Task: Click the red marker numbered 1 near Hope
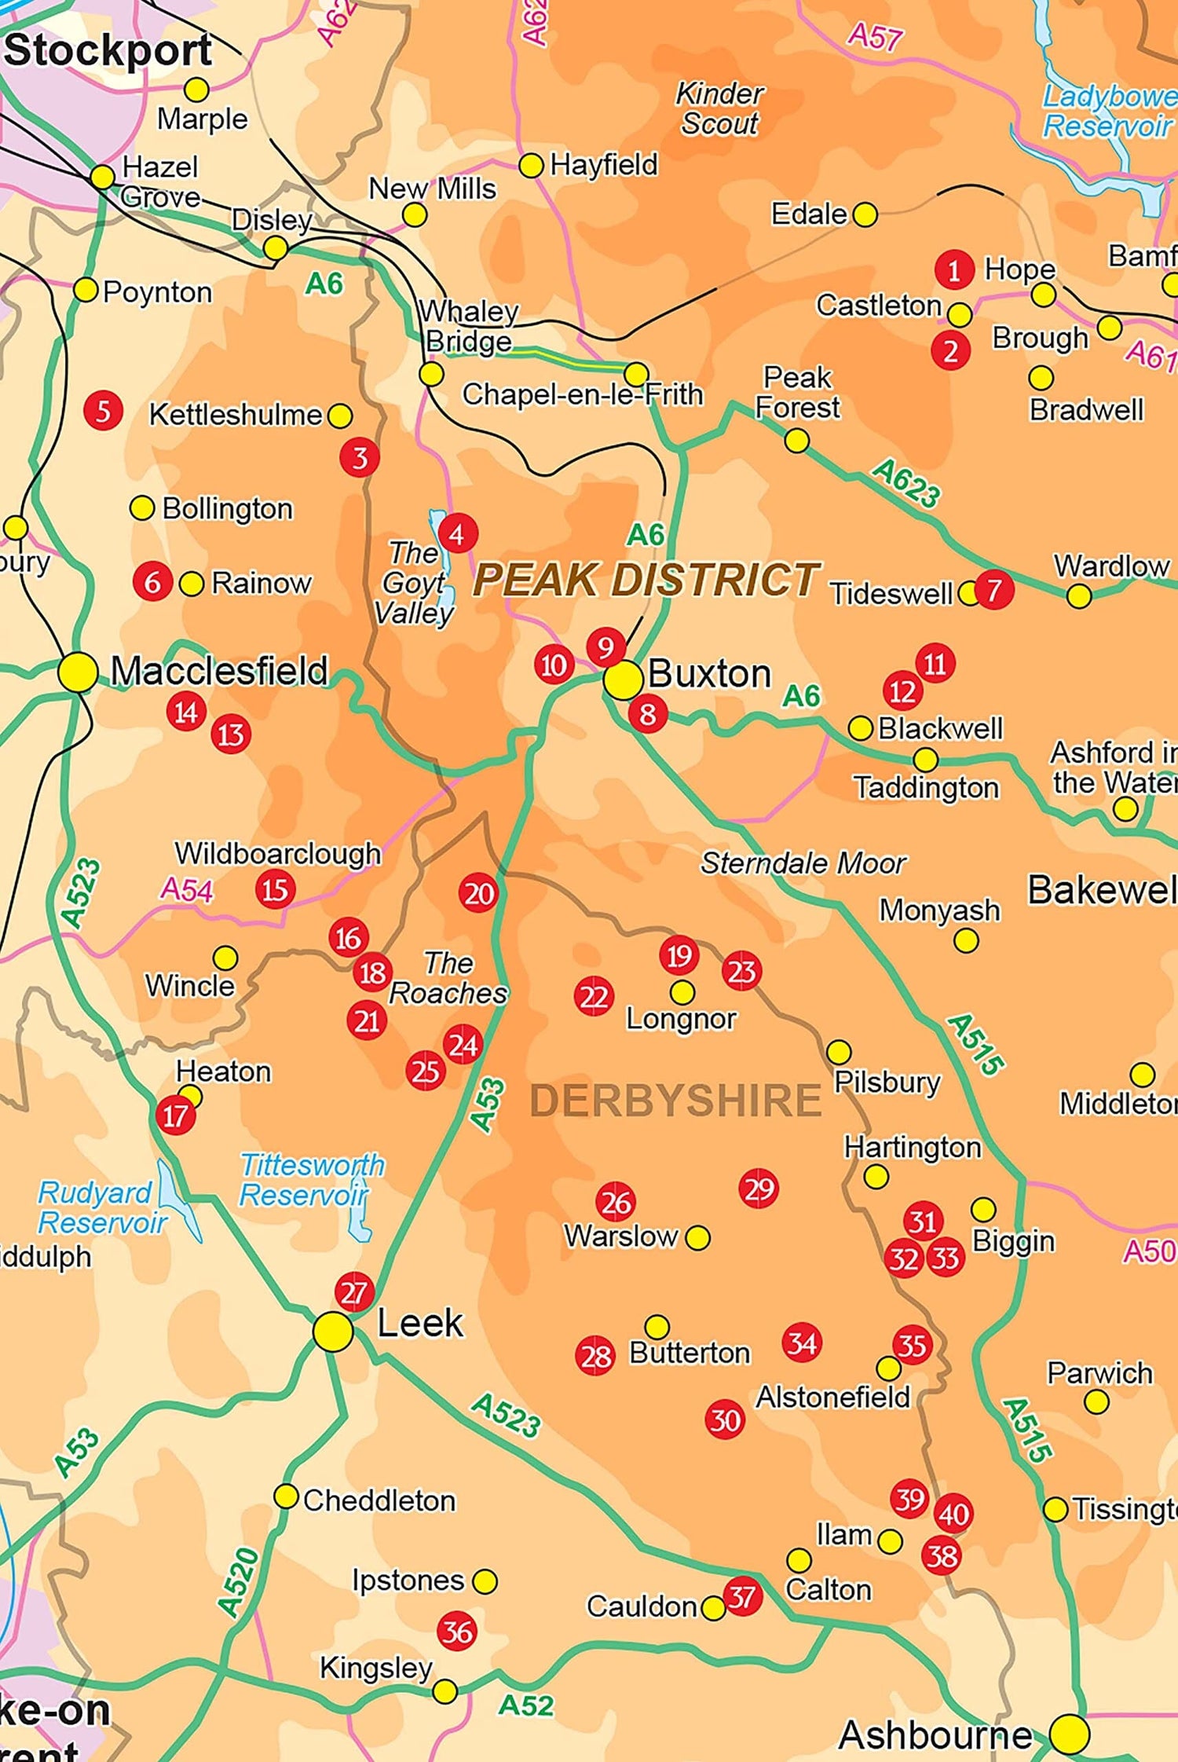point(953,271)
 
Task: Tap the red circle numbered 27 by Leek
point(354,1291)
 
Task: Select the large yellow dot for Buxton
point(623,680)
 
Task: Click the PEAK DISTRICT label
point(646,580)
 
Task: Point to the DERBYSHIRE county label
point(675,1100)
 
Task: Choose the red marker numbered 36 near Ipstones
point(457,1632)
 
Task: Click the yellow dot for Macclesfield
point(78,672)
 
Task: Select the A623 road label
point(905,484)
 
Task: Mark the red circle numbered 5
point(103,410)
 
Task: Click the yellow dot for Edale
point(864,214)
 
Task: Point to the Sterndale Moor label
point(803,863)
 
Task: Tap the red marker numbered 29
point(758,1189)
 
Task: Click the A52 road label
point(525,1705)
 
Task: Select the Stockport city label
point(108,51)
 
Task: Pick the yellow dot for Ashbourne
point(1069,1733)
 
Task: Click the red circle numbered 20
point(478,893)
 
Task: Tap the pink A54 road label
point(186,890)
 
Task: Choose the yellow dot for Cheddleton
point(285,1496)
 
